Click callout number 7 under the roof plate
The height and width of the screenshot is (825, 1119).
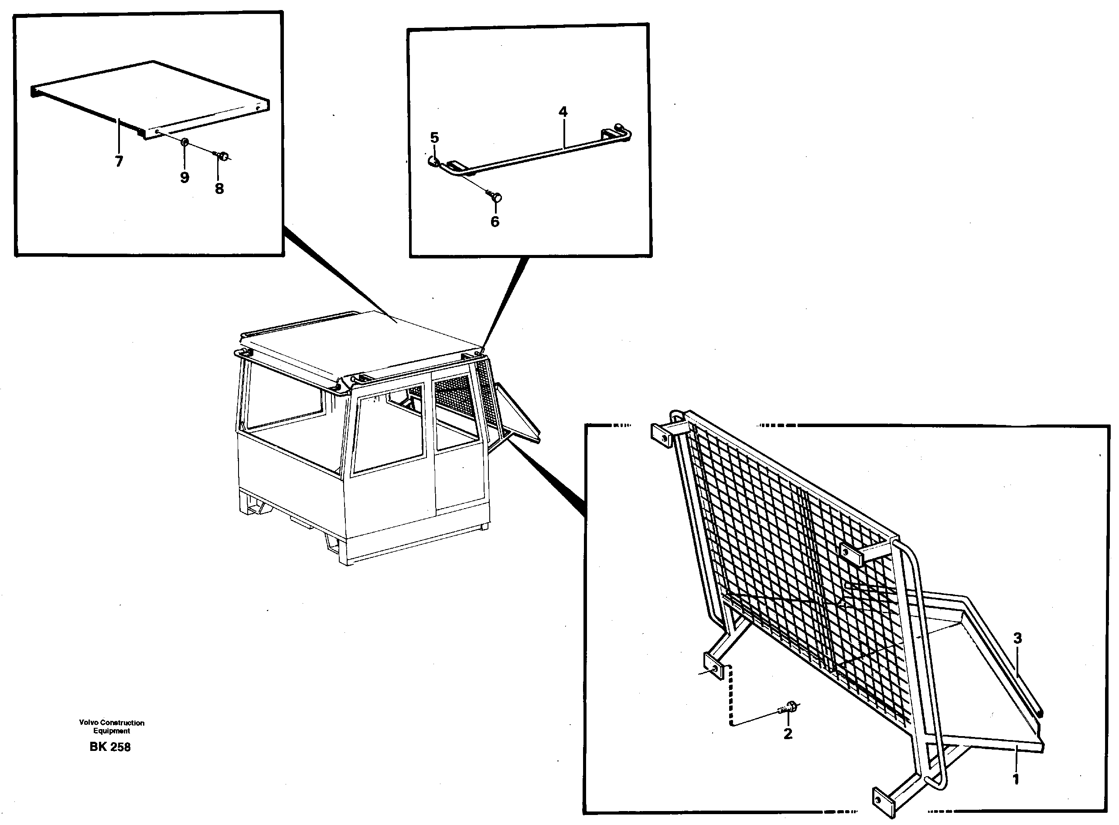tap(119, 161)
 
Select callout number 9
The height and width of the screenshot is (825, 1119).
tap(184, 177)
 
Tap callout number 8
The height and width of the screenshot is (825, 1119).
tap(219, 188)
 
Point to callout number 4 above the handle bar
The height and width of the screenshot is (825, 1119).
tap(563, 112)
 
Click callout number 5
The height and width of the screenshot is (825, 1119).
tap(434, 137)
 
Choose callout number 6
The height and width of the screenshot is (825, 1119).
tap(495, 221)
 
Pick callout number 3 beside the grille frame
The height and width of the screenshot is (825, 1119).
tap(1017, 638)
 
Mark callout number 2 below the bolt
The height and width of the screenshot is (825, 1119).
tap(788, 733)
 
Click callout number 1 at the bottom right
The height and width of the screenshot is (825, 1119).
tap(1015, 779)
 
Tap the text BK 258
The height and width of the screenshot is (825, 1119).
tap(110, 747)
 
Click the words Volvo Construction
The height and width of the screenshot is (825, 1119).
tap(112, 723)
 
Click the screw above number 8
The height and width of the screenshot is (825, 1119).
tap(222, 157)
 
